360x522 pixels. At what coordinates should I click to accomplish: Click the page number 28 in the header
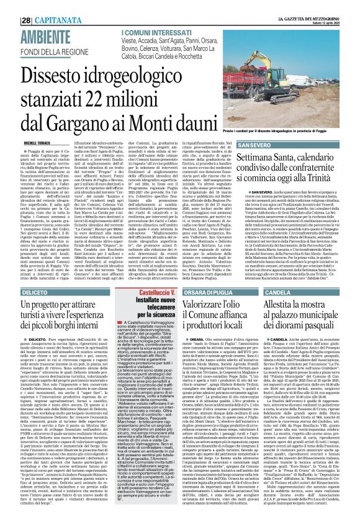tap(10, 5)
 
